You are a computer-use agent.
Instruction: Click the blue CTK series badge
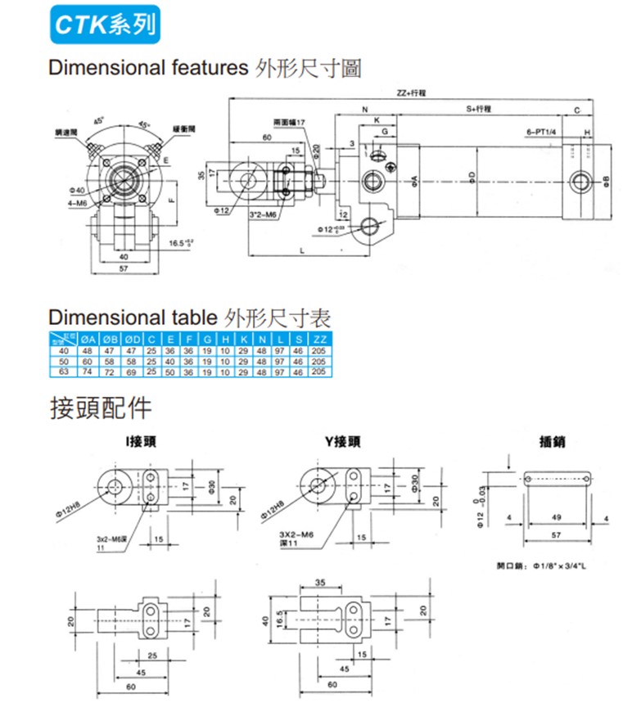[102, 26]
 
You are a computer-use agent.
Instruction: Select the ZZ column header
[320, 339]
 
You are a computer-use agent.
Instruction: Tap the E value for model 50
[170, 360]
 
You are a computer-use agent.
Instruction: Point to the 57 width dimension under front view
[124, 268]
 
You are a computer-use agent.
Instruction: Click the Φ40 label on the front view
[78, 189]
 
